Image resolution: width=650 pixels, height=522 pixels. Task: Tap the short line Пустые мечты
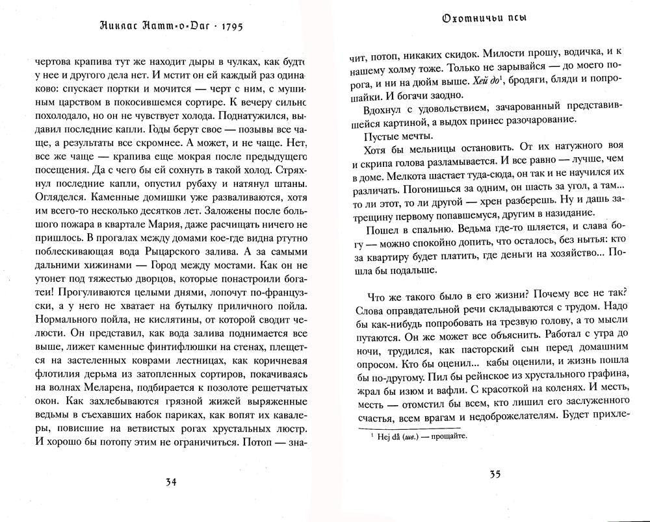tap(395, 136)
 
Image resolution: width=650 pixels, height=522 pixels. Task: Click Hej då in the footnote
tap(388, 437)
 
